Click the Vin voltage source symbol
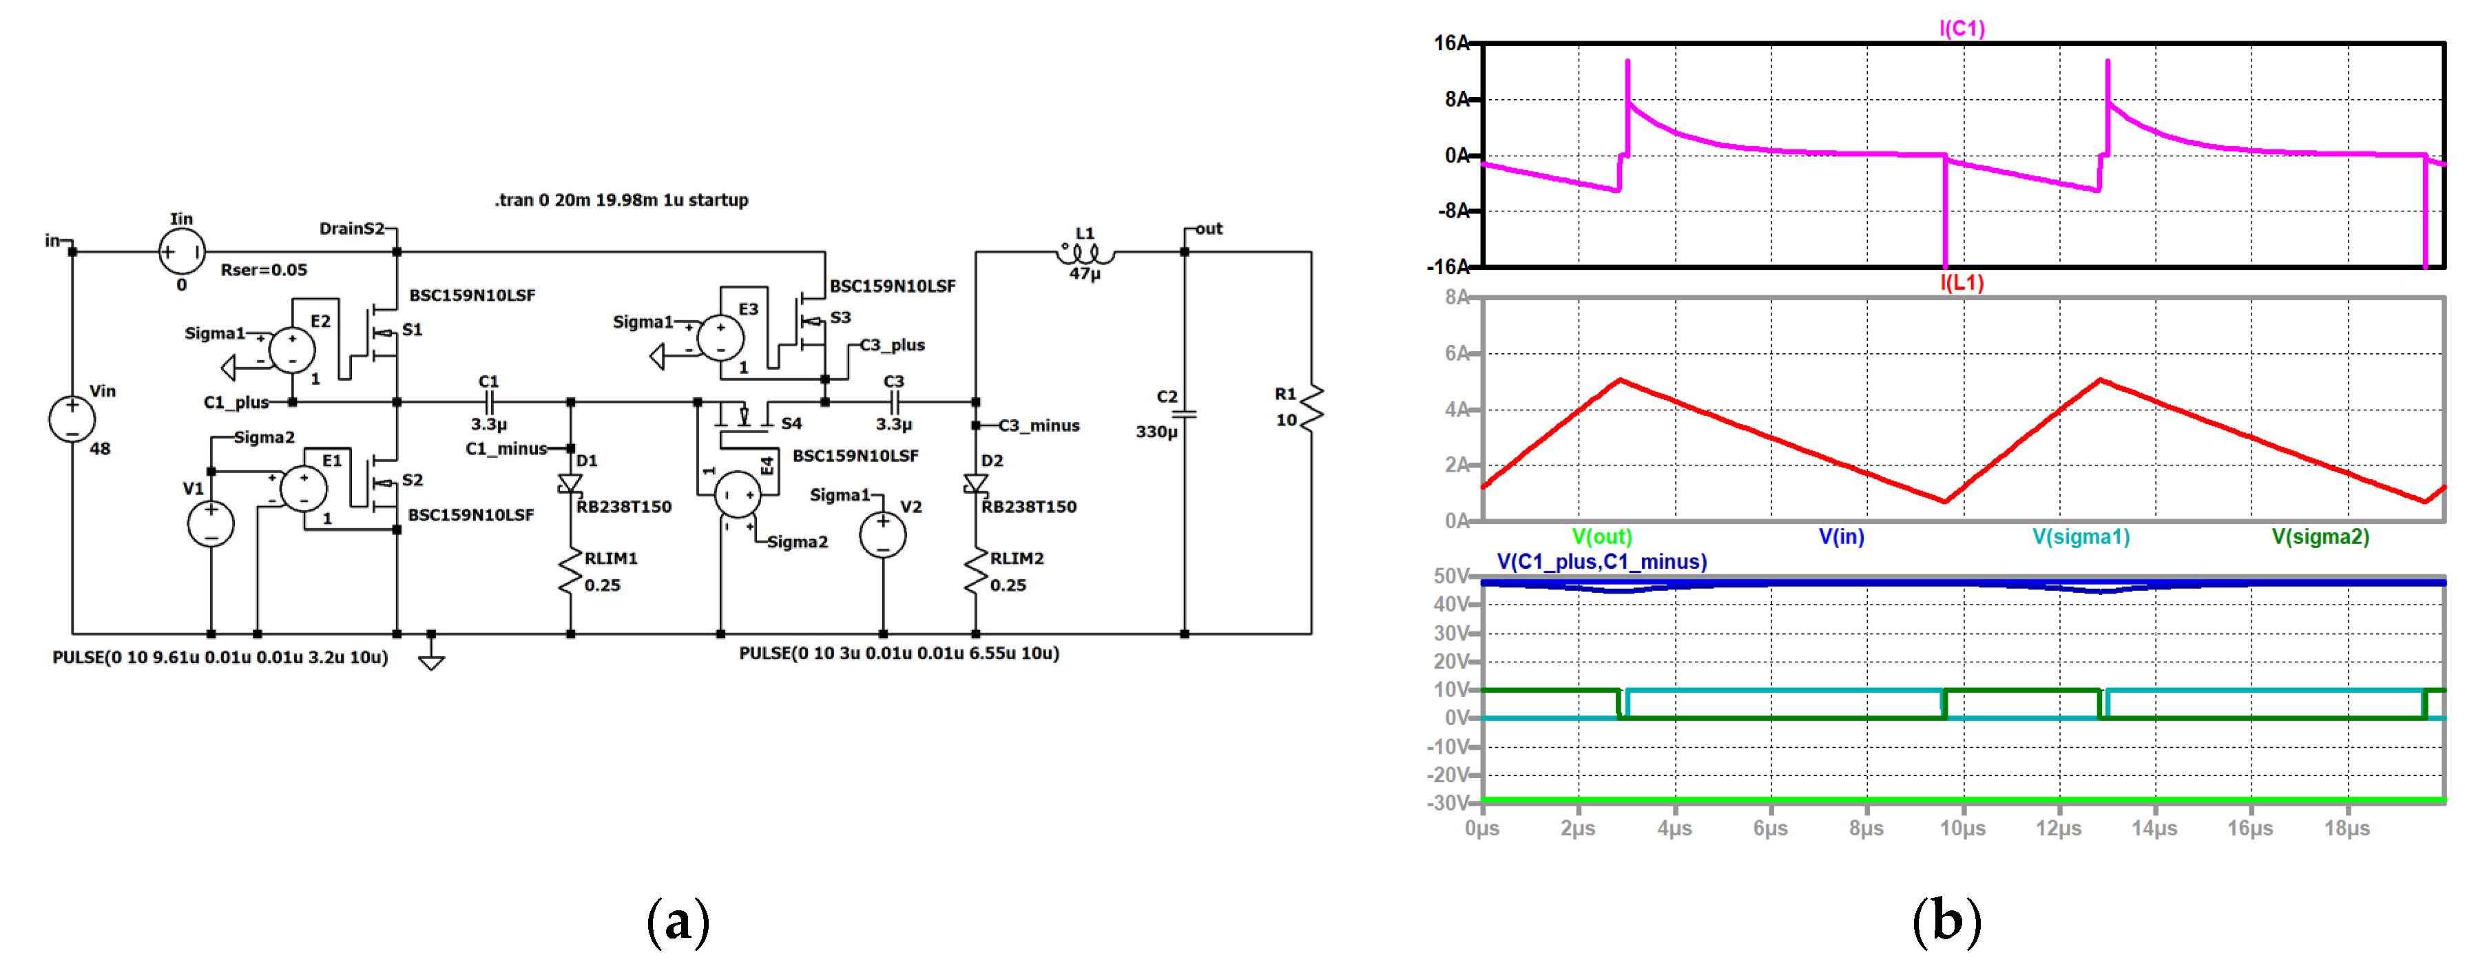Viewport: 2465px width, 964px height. (x=72, y=419)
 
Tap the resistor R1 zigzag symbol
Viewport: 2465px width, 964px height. (x=1312, y=406)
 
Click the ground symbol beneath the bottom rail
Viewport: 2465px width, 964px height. (x=432, y=659)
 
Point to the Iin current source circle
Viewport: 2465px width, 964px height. (x=181, y=251)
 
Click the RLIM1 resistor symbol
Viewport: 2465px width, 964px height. (x=571, y=571)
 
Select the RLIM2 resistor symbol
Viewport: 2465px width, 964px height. (x=976, y=571)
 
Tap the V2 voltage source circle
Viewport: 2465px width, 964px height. (x=882, y=534)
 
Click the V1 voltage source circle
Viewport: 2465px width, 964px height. (x=211, y=524)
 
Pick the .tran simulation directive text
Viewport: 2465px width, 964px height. (x=621, y=200)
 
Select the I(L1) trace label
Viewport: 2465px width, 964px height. (x=1962, y=283)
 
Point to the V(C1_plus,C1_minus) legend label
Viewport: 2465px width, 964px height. (x=1601, y=561)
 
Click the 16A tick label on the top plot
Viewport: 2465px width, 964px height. (x=1450, y=43)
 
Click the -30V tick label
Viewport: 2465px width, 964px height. (x=1447, y=802)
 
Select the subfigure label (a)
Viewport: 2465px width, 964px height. (x=678, y=922)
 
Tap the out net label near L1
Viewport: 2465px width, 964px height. (x=1209, y=229)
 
